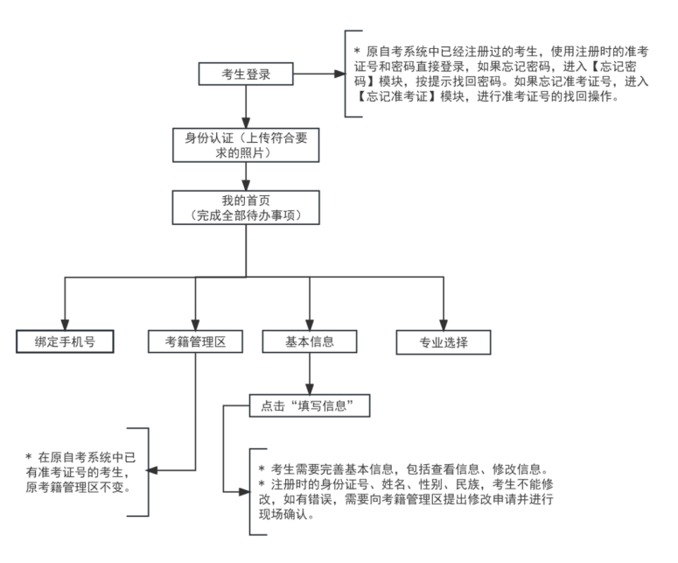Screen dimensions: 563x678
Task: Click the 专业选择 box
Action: tap(444, 341)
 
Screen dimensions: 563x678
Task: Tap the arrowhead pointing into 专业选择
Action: tap(444, 323)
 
